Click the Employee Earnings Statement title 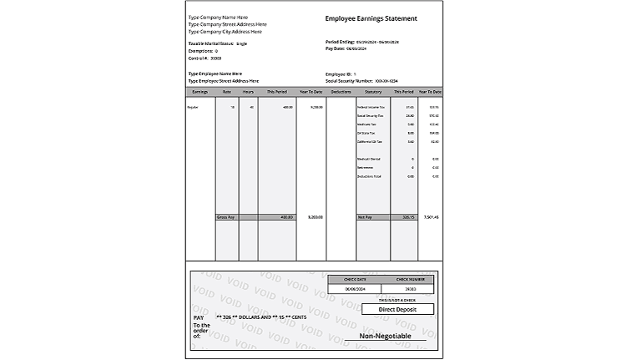[370, 18]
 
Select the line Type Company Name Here [219, 17]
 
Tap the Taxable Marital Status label [210, 43]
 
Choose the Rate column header [226, 91]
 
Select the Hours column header [248, 91]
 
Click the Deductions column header [341, 91]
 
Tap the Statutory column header [373, 91]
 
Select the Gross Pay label [225, 217]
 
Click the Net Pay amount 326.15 [406, 217]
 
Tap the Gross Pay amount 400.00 [285, 217]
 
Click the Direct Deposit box [397, 309]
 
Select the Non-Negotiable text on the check [386, 336]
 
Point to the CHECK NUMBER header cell [407, 279]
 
